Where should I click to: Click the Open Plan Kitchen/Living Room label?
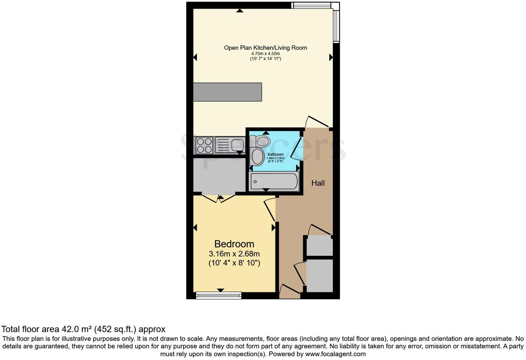[265, 48]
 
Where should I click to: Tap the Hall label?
[318, 183]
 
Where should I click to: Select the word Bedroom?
[234, 244]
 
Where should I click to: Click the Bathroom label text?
[275, 154]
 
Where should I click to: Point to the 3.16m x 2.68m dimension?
[234, 254]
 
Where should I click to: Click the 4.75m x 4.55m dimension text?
[265, 54]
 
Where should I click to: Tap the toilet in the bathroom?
[261, 141]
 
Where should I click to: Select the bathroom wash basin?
[257, 157]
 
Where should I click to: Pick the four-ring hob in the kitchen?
[204, 145]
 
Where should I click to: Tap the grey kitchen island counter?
[227, 92]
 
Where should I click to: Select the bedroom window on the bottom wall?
[218, 295]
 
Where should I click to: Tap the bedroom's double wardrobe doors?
[219, 198]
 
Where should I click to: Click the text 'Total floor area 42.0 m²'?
[47, 329]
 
